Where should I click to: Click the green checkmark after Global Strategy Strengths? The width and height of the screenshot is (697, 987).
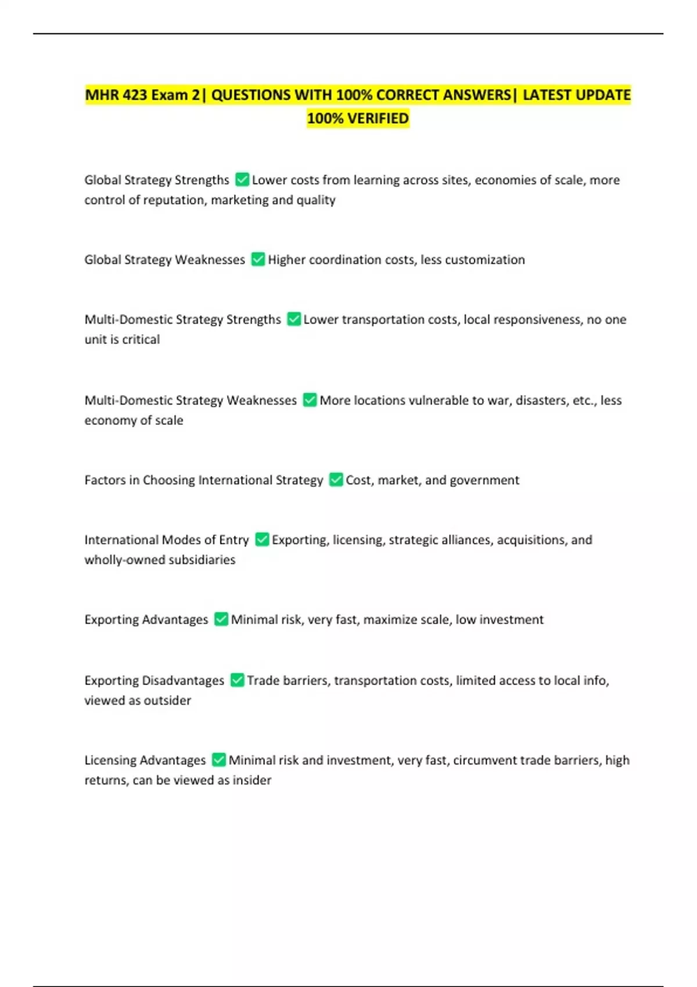coord(242,180)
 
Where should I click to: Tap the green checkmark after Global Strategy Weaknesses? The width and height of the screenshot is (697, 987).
coord(258,260)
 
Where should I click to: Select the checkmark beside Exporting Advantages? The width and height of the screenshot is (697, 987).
coord(221,619)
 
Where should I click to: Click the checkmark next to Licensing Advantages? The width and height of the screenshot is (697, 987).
coord(219,760)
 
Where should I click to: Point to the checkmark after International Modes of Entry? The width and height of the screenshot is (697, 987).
coord(262,540)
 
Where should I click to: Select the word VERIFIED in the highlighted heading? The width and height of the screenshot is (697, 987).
coord(378,118)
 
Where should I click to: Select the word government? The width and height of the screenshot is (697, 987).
coord(484,480)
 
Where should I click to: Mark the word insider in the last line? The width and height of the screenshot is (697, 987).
coord(252,780)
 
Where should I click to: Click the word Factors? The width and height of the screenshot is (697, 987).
coord(105,480)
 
